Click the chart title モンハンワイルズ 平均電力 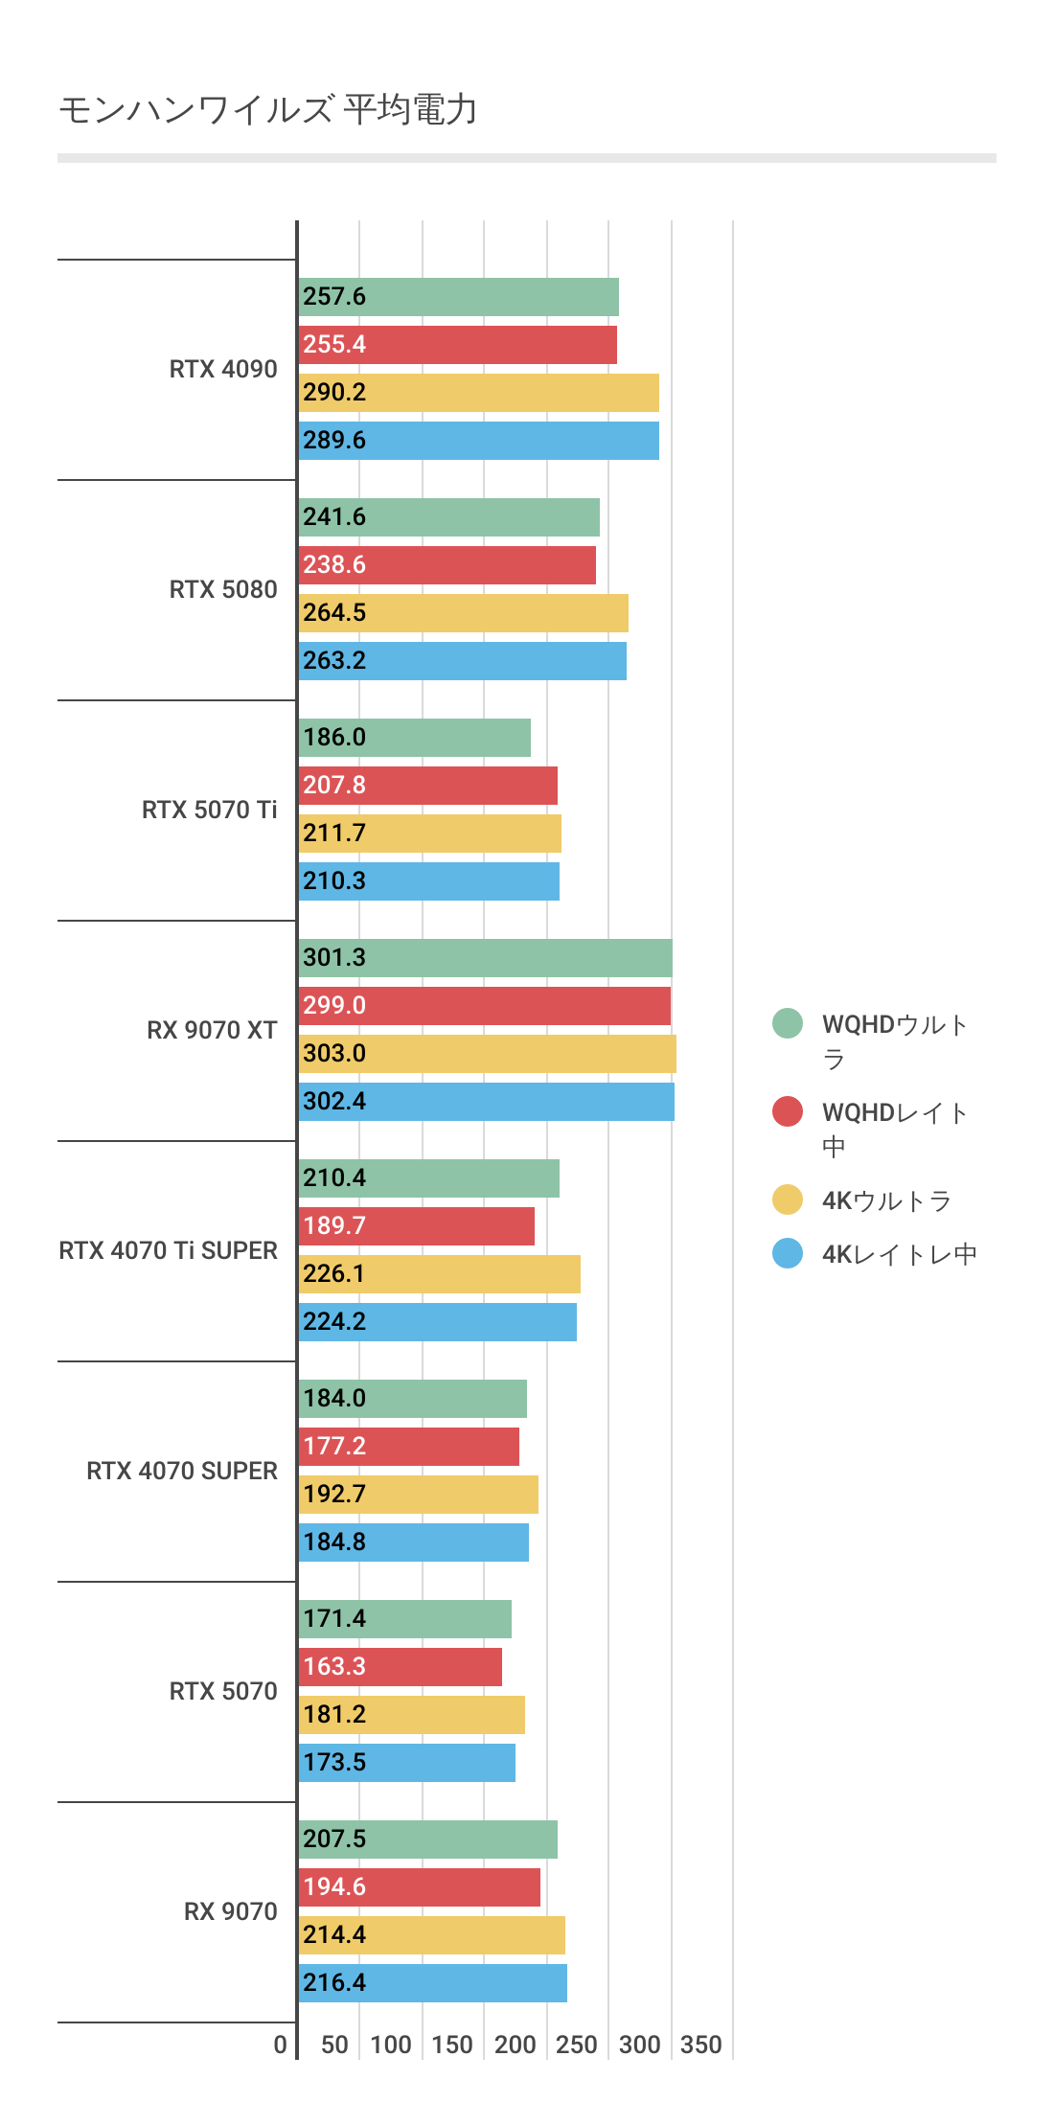pyautogui.click(x=268, y=110)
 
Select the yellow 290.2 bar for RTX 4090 pyautogui.click(x=478, y=393)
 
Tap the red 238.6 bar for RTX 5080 pyautogui.click(x=447, y=565)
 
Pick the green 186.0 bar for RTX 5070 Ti pyautogui.click(x=414, y=738)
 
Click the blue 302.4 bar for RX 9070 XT pyautogui.click(x=486, y=1102)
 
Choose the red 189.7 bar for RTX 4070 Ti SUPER pyautogui.click(x=416, y=1226)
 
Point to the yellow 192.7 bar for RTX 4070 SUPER pyautogui.click(x=418, y=1495)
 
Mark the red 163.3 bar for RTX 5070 pyautogui.click(x=400, y=1667)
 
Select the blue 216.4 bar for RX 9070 pyautogui.click(x=432, y=1983)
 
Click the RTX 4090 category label pyautogui.click(x=223, y=369)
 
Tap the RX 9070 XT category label pyautogui.click(x=212, y=1030)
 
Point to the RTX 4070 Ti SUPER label pyautogui.click(x=168, y=1250)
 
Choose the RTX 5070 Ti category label pyautogui.click(x=209, y=810)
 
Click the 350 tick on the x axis pyautogui.click(x=700, y=2045)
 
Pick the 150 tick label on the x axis pyautogui.click(x=451, y=2045)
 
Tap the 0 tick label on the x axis pyautogui.click(x=280, y=2045)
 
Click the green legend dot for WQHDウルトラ pyautogui.click(x=788, y=1023)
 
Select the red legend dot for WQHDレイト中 pyautogui.click(x=788, y=1111)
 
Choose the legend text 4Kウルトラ pyautogui.click(x=886, y=1200)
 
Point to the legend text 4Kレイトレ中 pyautogui.click(x=899, y=1254)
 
